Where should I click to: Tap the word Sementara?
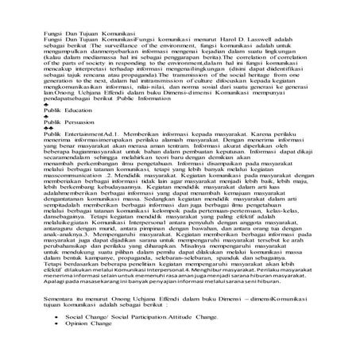41,318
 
